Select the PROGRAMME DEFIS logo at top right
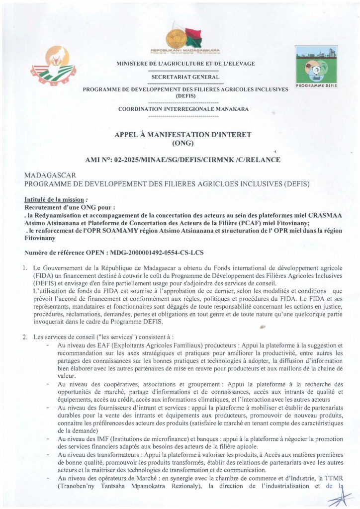tap(316, 67)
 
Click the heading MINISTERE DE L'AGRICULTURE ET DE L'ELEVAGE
tap(185, 64)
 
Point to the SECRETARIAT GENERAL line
tap(185, 77)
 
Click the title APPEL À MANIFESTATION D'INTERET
tap(183, 135)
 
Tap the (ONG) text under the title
tap(182, 144)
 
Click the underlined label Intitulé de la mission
tap(54, 199)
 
